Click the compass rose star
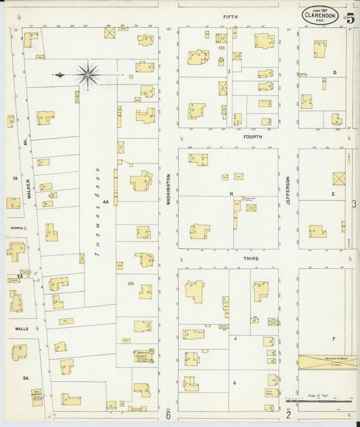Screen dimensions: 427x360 click(88, 74)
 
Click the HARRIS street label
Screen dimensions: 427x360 click(17, 228)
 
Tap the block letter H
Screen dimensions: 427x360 click(231, 193)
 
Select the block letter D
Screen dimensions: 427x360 click(334, 72)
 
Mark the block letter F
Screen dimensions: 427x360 click(334, 337)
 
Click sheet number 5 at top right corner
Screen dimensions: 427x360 click(350, 18)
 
